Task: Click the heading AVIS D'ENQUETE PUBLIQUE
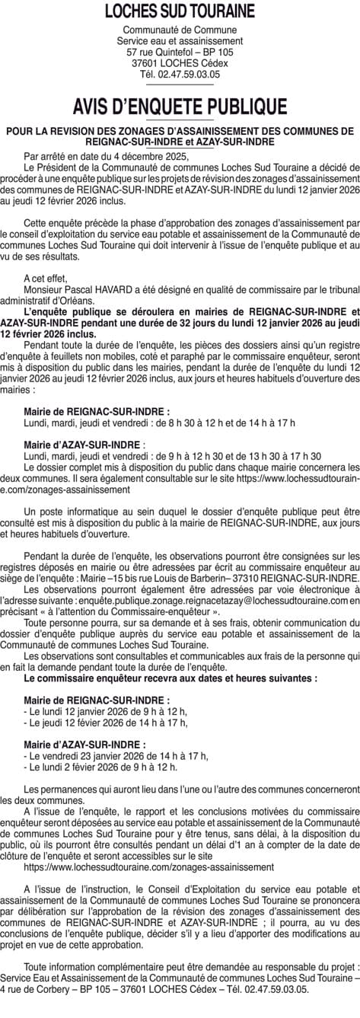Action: [x=180, y=106]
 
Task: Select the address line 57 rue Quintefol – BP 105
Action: [x=180, y=52]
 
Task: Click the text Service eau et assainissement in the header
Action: [x=180, y=40]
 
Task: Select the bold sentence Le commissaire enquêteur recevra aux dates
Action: [x=170, y=676]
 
